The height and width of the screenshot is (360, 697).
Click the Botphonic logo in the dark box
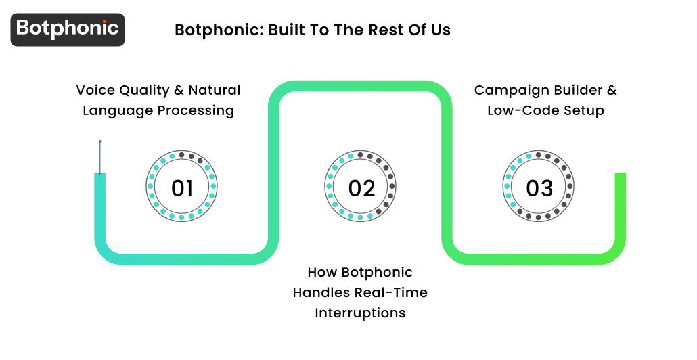point(68,29)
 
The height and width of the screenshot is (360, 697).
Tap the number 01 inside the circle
point(182,188)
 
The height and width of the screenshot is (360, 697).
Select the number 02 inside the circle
point(361,188)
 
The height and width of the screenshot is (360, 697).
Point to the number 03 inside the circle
point(539,188)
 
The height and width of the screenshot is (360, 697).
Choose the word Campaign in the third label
point(505,90)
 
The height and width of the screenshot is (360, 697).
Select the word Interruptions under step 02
point(360,313)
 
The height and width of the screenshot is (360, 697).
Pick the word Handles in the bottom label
point(319,292)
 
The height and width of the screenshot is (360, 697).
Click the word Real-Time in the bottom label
point(398,292)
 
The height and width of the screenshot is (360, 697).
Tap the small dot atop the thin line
point(100,141)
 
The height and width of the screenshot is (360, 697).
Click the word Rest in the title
point(380,30)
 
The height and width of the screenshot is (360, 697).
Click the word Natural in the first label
point(215,90)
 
